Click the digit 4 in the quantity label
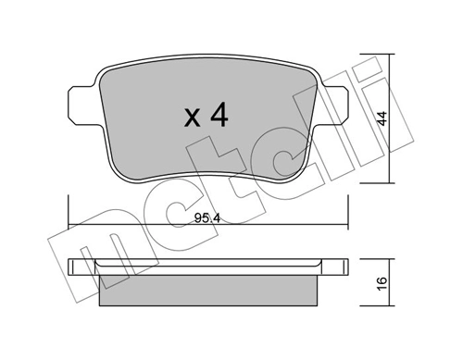point(218,117)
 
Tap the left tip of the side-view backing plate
point(73,268)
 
